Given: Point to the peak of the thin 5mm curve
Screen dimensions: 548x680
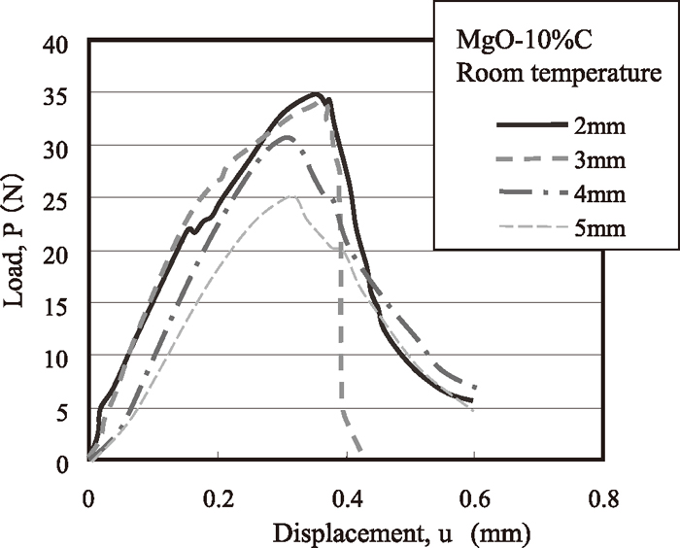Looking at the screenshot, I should (x=292, y=196).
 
